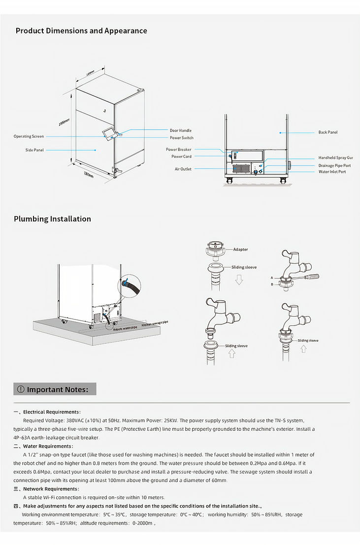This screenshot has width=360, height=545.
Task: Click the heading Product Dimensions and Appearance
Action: pyautogui.click(x=81, y=31)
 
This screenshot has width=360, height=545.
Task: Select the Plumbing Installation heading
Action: pyautogui.click(x=52, y=219)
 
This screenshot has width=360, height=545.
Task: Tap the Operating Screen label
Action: pyautogui.click(x=29, y=136)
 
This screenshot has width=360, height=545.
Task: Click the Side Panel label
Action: pyautogui.click(x=34, y=150)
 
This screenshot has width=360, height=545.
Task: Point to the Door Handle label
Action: pyautogui.click(x=181, y=130)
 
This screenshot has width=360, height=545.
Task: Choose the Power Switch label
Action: pyautogui.click(x=181, y=138)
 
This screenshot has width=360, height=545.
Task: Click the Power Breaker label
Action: pyautogui.click(x=178, y=149)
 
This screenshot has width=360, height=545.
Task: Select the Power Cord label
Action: pyautogui.click(x=181, y=157)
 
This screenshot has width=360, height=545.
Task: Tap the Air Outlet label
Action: pyautogui.click(x=183, y=169)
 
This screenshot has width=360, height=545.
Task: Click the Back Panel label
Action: pyautogui.click(x=328, y=132)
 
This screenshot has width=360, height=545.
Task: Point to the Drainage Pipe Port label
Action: pyautogui.click(x=334, y=166)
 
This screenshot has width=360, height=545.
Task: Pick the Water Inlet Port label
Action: pyautogui.click(x=332, y=172)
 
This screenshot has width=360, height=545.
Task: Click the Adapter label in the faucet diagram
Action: pyautogui.click(x=240, y=250)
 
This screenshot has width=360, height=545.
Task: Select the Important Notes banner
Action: pyautogui.click(x=55, y=389)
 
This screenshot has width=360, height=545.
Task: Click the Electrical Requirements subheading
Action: pyautogui.click(x=51, y=412)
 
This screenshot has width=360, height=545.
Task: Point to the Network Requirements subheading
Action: pyautogui.click(x=51, y=489)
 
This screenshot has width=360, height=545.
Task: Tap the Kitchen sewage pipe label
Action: pyautogui.click(x=155, y=323)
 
